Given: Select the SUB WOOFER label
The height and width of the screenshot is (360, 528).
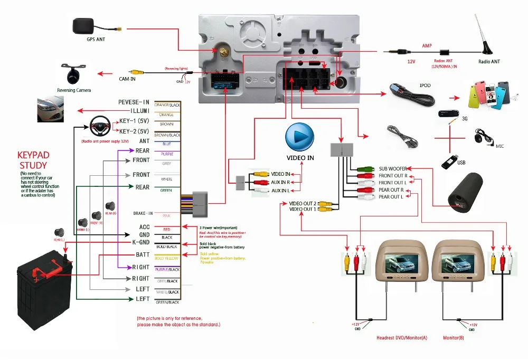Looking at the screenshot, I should coord(393,168).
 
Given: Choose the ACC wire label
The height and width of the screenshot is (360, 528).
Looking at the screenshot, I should coord(137,227).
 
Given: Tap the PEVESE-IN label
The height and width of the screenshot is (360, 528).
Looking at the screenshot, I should coord(134,102).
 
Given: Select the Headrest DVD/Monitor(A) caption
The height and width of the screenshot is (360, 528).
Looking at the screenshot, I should coord(402,338).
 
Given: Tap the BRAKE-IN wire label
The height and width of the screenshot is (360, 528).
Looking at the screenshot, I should coord(143,213).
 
